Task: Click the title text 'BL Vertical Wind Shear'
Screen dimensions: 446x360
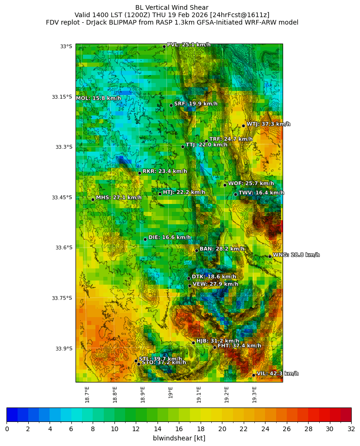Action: point(172,7)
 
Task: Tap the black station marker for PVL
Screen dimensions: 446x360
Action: point(164,46)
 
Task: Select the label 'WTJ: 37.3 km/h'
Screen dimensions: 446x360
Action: point(268,124)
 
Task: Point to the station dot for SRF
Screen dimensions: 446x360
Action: point(171,105)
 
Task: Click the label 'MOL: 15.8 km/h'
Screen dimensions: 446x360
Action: point(98,98)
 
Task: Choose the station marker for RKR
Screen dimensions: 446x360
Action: point(139,173)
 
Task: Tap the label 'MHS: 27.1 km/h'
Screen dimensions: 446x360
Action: point(119,198)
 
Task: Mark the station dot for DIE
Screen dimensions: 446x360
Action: point(145,239)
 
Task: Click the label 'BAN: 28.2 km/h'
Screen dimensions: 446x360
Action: point(222,249)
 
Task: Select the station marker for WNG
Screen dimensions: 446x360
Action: point(270,256)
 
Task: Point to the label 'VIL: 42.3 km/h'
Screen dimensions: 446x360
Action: point(278,374)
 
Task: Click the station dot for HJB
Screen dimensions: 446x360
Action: point(193,343)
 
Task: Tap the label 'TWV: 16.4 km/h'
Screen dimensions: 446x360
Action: point(261,193)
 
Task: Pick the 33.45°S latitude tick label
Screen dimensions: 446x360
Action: point(62,198)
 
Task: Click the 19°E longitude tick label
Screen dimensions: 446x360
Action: point(171,392)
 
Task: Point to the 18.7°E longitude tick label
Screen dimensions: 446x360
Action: point(87,395)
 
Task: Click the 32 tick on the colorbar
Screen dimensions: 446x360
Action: point(351,429)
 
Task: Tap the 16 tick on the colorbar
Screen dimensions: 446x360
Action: point(179,429)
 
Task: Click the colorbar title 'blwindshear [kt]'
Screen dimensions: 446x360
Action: point(179,438)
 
